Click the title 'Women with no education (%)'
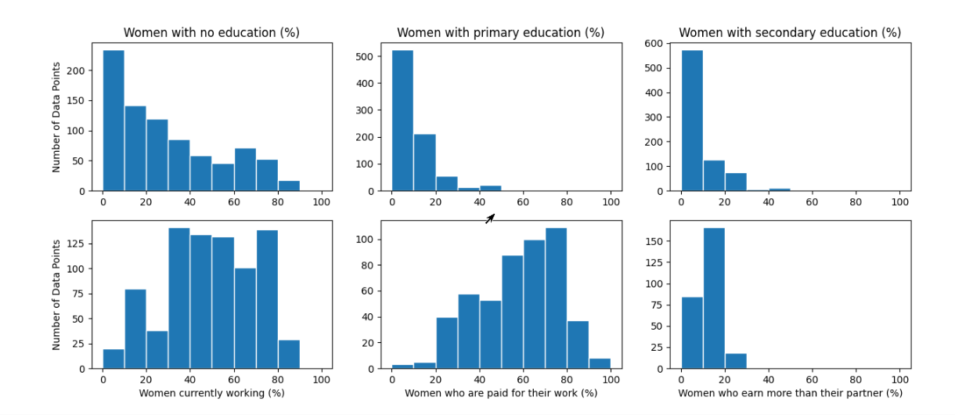(x=211, y=33)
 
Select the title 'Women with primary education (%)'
(x=500, y=33)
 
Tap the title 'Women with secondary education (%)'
(x=790, y=33)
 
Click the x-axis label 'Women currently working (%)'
(x=211, y=393)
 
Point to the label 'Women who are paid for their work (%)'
(x=500, y=393)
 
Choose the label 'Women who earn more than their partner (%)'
(x=790, y=393)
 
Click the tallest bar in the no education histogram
(x=114, y=121)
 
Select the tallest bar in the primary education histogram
(x=402, y=121)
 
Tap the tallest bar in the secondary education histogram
(x=692, y=121)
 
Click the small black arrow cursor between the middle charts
(x=489, y=218)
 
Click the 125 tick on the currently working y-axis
(x=85, y=244)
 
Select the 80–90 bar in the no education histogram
(x=289, y=186)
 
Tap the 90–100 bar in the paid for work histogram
(x=600, y=363)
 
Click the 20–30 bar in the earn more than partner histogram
(x=736, y=361)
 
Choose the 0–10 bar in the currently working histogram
(x=114, y=359)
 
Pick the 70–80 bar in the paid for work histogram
(x=556, y=298)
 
